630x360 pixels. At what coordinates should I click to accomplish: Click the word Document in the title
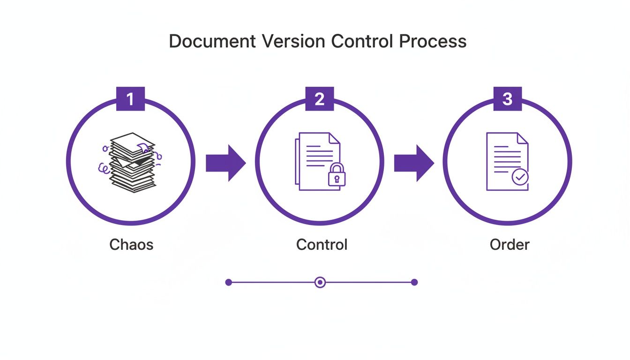[212, 41]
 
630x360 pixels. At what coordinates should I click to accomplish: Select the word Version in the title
[293, 41]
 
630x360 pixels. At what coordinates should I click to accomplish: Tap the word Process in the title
[433, 41]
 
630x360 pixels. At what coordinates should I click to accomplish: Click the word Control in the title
[363, 41]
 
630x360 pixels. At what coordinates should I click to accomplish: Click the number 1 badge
[130, 99]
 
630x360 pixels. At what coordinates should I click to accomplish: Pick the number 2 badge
[319, 99]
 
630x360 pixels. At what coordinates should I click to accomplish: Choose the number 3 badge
[508, 99]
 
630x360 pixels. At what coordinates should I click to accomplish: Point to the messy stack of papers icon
[132, 162]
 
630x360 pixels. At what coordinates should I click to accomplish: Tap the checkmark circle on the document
[520, 177]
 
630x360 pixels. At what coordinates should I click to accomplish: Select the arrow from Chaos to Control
[225, 163]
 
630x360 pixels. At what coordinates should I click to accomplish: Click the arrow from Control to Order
[414, 163]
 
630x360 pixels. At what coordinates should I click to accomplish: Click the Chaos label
[131, 244]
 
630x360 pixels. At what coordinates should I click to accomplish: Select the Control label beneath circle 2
[322, 244]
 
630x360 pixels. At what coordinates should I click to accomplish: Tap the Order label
[509, 244]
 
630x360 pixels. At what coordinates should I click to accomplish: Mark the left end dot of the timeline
[229, 282]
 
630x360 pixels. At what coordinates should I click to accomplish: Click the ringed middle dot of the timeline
[320, 282]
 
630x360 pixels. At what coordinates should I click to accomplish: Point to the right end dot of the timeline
[414, 282]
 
